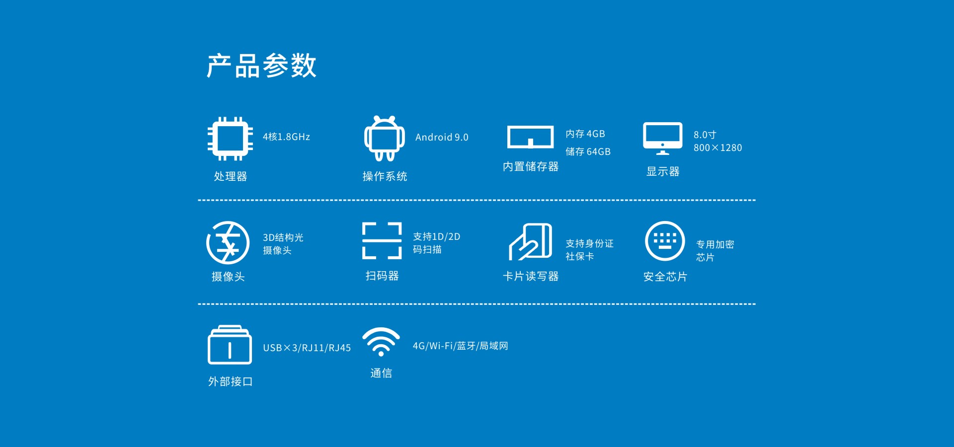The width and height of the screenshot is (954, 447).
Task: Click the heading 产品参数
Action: (261, 66)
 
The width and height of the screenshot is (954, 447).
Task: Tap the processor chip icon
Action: (230, 139)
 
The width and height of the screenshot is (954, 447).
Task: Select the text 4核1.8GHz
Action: (286, 137)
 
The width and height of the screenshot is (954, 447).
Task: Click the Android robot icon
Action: (384, 139)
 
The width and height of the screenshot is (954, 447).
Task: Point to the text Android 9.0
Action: (442, 137)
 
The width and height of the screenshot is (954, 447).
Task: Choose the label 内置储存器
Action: (531, 166)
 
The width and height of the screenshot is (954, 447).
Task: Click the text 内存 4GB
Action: (585, 134)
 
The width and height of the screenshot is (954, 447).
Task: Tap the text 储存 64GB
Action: (588, 151)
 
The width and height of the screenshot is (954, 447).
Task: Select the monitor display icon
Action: (662, 138)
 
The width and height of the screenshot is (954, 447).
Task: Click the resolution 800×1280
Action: (717, 148)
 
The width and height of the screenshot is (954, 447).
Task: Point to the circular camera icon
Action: (228, 242)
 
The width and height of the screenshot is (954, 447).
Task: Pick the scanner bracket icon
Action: (382, 241)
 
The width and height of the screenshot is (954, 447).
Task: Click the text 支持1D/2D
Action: (436, 236)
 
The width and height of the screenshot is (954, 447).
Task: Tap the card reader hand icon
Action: (530, 242)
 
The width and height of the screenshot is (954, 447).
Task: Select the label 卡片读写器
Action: (531, 276)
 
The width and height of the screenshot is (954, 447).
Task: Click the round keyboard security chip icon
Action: (665, 241)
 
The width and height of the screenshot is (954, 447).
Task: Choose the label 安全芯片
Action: (665, 277)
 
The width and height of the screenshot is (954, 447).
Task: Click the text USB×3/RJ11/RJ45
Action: (307, 348)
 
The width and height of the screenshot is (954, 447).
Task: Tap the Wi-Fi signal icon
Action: (381, 341)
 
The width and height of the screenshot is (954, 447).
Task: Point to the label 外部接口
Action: (231, 381)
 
